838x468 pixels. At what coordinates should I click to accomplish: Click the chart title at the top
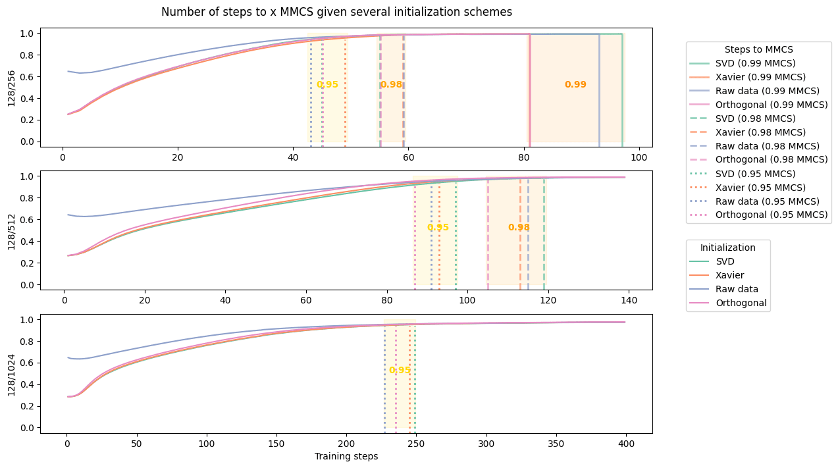[336, 12]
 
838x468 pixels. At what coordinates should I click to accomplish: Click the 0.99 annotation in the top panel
[575, 84]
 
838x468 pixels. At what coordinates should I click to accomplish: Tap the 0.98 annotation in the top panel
[391, 84]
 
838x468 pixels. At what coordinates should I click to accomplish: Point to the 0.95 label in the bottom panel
[400, 371]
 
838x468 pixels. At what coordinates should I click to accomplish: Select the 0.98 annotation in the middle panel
[519, 228]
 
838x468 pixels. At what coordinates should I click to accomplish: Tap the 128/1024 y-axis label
[12, 374]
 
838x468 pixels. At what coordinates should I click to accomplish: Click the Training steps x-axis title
[346, 456]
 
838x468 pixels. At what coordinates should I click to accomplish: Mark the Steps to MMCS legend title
[758, 49]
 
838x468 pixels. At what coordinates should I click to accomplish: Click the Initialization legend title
[727, 247]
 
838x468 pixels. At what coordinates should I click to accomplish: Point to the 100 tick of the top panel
[639, 158]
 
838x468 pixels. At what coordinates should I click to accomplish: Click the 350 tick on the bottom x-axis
[556, 444]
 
